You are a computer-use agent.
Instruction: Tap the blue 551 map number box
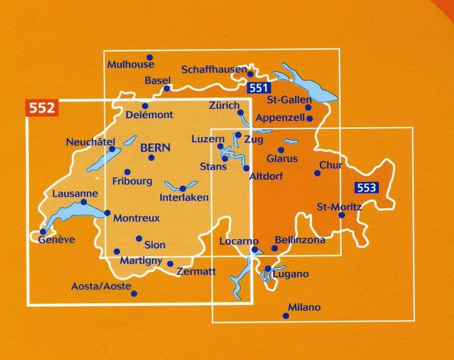pyautogui.click(x=258, y=88)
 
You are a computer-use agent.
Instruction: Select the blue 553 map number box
pyautogui.click(x=366, y=188)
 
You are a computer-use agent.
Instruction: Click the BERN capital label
pyautogui.click(x=152, y=146)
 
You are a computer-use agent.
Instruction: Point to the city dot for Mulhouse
pyautogui.click(x=150, y=57)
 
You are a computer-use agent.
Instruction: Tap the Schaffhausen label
pyautogui.click(x=213, y=70)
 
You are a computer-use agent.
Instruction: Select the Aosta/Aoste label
pyautogui.click(x=102, y=286)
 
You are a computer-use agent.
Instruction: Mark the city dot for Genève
pyautogui.click(x=43, y=231)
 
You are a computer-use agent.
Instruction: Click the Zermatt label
pyautogui.click(x=196, y=272)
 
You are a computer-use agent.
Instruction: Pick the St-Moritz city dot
pyautogui.click(x=342, y=215)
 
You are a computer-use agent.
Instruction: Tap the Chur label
pyautogui.click(x=331, y=165)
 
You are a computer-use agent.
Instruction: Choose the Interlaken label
pyautogui.click(x=184, y=198)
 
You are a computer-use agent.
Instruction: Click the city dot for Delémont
pyautogui.click(x=145, y=106)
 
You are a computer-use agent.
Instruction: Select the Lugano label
pyautogui.click(x=291, y=274)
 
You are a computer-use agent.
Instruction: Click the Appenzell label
pyautogui.click(x=280, y=118)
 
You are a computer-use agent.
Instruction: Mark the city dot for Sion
pyautogui.click(x=139, y=238)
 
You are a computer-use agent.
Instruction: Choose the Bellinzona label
pyautogui.click(x=300, y=240)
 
